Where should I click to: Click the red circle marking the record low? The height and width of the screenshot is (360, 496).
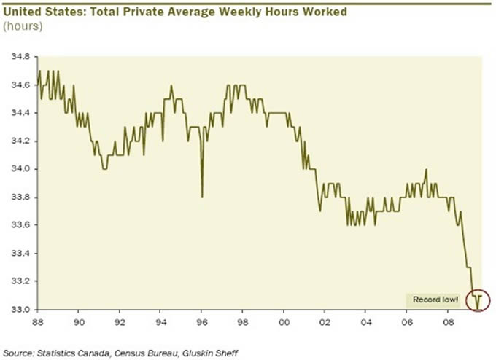(x=479, y=299)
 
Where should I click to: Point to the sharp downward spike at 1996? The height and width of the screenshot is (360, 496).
(x=202, y=195)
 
